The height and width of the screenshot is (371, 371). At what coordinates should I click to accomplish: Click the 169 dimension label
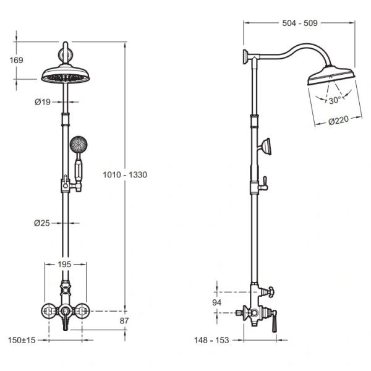click(16, 60)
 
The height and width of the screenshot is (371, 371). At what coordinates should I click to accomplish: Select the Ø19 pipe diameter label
click(43, 102)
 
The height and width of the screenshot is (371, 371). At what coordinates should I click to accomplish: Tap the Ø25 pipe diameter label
click(42, 223)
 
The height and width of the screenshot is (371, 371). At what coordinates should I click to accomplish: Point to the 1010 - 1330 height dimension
click(125, 175)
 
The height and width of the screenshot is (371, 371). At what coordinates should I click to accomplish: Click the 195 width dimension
click(64, 264)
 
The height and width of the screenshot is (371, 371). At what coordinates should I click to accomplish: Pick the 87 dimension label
click(124, 321)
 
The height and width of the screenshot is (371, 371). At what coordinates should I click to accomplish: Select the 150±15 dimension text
click(22, 340)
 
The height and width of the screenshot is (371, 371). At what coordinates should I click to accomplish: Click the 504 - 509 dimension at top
click(300, 23)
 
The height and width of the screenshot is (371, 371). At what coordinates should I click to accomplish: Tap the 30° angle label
click(335, 100)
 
